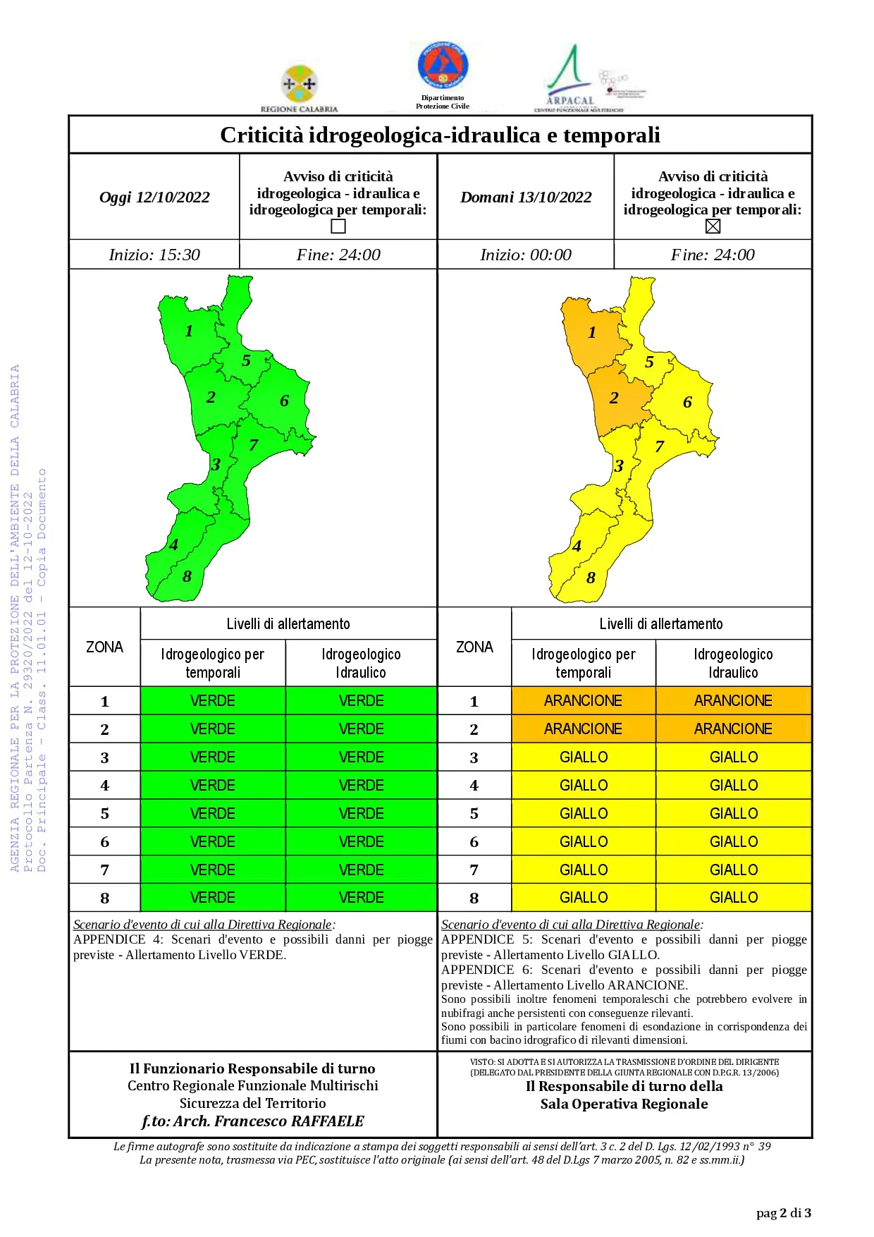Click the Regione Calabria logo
click(x=300, y=88)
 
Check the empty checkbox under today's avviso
click(x=338, y=226)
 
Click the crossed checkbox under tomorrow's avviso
click(x=713, y=226)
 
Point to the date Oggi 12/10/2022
click(x=154, y=197)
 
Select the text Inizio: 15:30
click(x=154, y=255)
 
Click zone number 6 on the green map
click(x=284, y=401)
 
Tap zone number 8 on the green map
click(x=187, y=576)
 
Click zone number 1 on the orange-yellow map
click(x=592, y=332)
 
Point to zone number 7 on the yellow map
click(x=660, y=446)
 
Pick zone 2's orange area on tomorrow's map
click(x=620, y=402)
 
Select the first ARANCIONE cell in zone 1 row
click(x=583, y=700)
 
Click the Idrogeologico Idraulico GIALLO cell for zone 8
click(x=734, y=897)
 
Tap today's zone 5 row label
click(x=105, y=813)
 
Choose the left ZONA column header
click(x=104, y=647)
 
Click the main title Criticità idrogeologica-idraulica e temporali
click(x=440, y=135)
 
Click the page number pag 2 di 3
click(x=784, y=1213)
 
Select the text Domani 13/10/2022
click(x=526, y=197)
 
